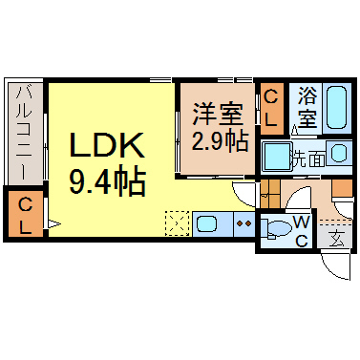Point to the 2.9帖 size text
[219, 140]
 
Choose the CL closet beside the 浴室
[271, 107]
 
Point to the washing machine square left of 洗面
[276, 155]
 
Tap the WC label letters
[300, 230]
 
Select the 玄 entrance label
[336, 240]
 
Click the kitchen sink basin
[209, 225]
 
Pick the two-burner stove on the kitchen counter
[243, 225]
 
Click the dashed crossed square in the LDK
[178, 225]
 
